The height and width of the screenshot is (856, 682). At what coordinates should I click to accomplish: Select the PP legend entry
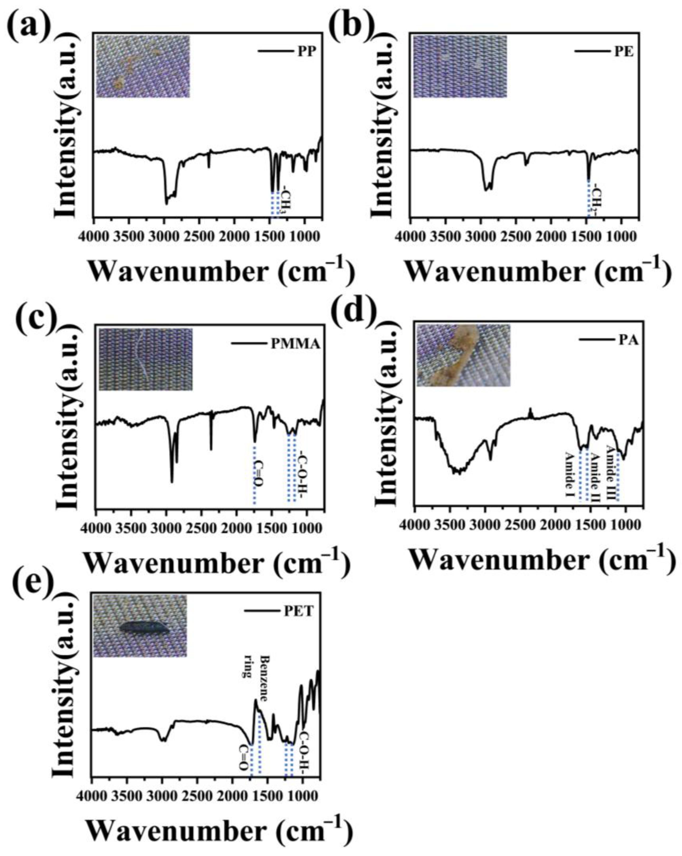pyautogui.click(x=306, y=53)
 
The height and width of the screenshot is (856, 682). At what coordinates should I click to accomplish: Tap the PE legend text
pyautogui.click(x=624, y=53)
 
